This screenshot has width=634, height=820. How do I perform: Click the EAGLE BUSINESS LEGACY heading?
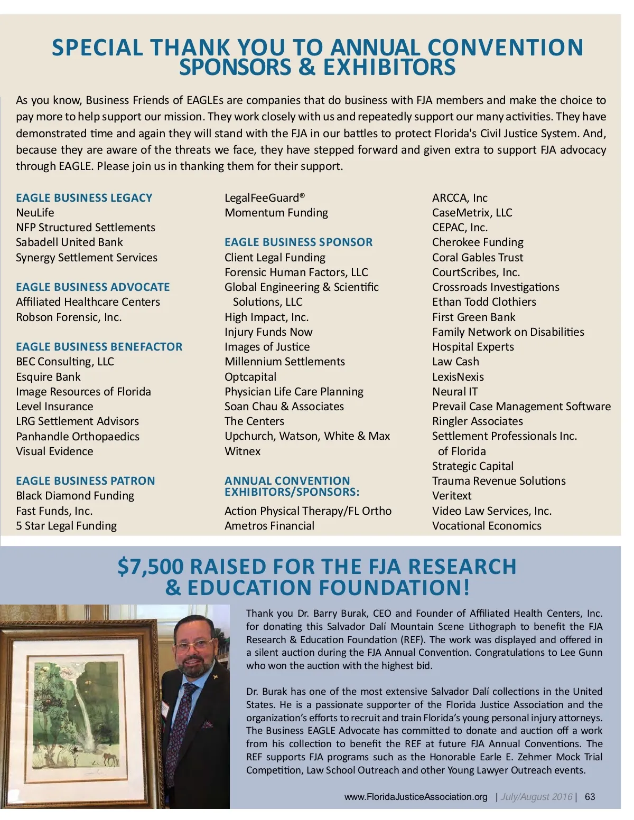(x=84, y=198)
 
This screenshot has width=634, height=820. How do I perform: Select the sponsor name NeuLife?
(x=35, y=213)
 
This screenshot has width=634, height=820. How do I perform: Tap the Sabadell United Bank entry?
(x=69, y=242)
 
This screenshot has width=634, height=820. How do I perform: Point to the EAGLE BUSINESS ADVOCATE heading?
(x=93, y=287)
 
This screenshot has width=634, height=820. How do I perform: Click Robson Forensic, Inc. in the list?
(x=69, y=317)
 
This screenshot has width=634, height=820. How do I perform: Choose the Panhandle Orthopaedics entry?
(x=78, y=437)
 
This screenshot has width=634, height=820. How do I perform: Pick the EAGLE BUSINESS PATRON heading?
(x=86, y=481)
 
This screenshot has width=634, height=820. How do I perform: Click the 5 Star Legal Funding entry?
(x=66, y=526)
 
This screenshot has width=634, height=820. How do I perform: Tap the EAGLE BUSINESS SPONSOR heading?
(x=299, y=242)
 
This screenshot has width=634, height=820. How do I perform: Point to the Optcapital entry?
(x=250, y=377)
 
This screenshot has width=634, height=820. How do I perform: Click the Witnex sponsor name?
(x=243, y=451)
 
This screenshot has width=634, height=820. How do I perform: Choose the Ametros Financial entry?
(x=269, y=526)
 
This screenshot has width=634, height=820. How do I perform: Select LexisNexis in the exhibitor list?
(x=458, y=377)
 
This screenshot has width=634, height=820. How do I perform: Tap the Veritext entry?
(x=452, y=496)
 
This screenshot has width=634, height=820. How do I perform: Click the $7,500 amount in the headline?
(x=151, y=567)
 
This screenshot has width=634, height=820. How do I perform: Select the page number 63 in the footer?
(x=590, y=797)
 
